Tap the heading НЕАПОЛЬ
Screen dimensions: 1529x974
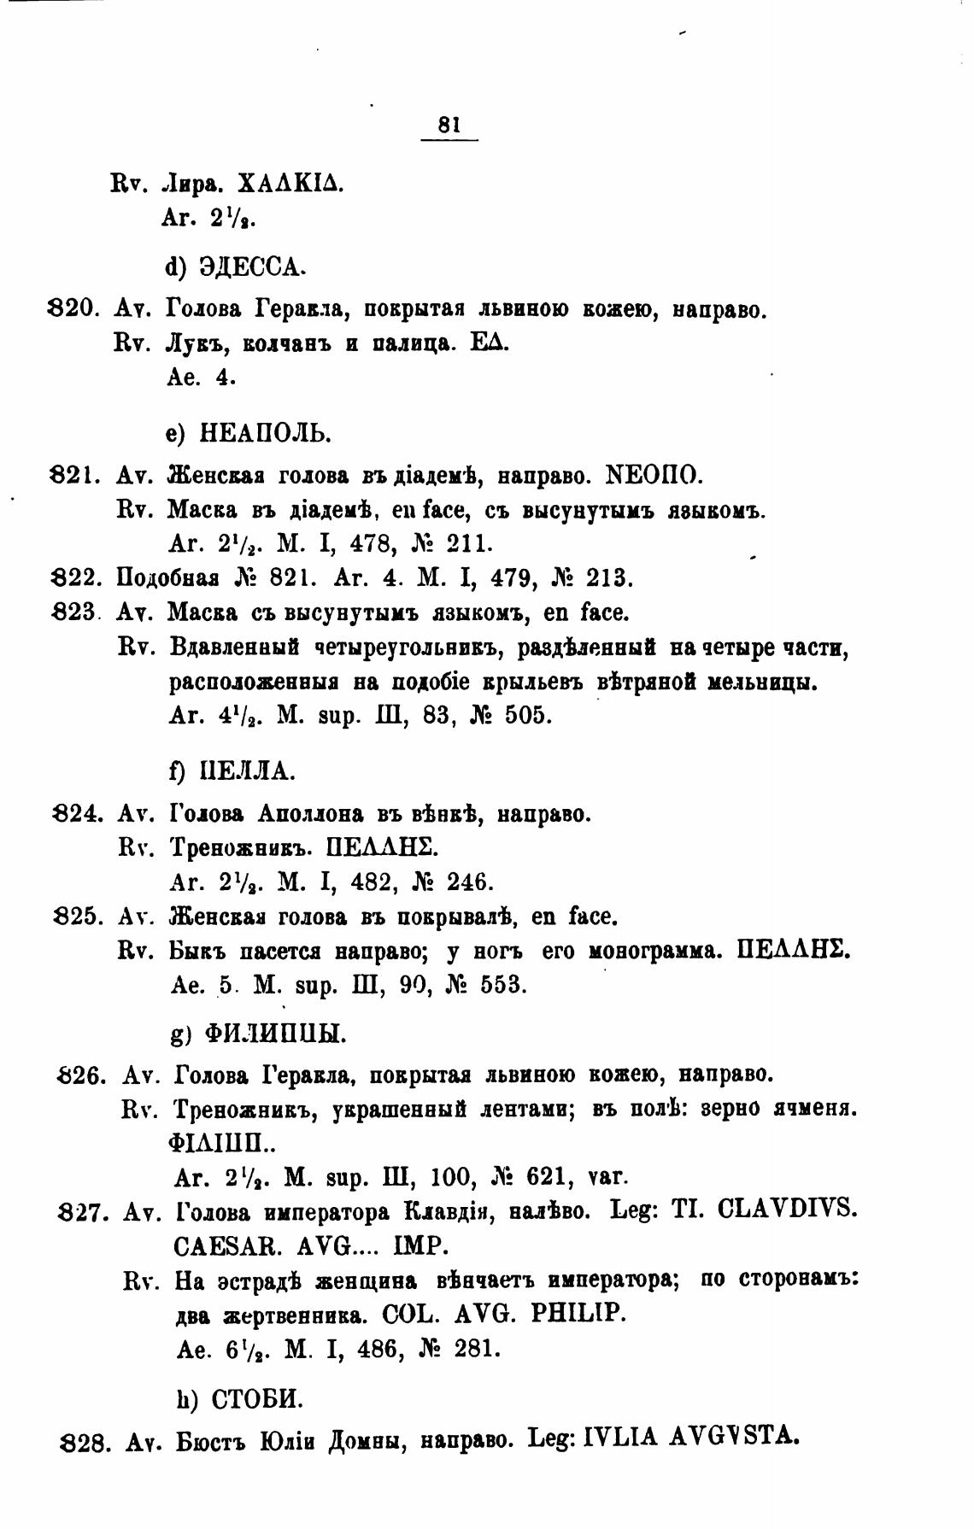(x=264, y=434)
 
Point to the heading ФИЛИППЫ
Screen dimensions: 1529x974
(x=275, y=1035)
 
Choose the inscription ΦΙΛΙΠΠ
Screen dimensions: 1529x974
(x=223, y=1143)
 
